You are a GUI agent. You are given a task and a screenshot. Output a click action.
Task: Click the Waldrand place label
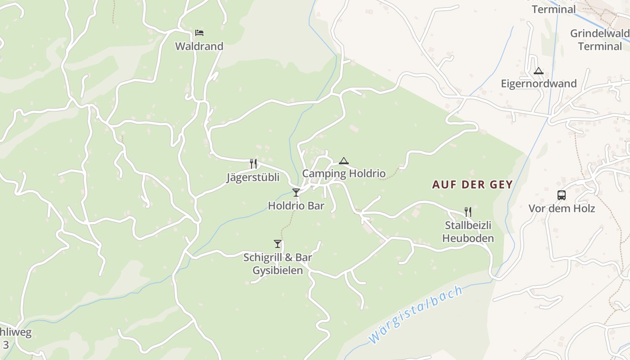[199, 46]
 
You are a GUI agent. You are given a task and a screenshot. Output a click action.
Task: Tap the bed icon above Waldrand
[199, 32]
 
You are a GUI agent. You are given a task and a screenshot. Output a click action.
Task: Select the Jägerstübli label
[252, 177]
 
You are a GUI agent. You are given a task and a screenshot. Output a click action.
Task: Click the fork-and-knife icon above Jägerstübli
[253, 163]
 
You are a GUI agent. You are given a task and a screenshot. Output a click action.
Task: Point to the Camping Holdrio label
[344, 173]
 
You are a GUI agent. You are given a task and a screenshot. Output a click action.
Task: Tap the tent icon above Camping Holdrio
[344, 161]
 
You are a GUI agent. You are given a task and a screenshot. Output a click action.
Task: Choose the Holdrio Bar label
[296, 206]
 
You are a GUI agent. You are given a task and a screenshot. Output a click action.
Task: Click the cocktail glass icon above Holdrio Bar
[296, 193]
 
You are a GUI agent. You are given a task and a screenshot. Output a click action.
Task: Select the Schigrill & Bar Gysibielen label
[278, 264]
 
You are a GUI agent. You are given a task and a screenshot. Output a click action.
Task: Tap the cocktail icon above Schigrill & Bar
[278, 244]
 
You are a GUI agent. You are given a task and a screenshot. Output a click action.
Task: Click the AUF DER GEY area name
[472, 184]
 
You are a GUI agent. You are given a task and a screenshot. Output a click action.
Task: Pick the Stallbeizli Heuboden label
[468, 232]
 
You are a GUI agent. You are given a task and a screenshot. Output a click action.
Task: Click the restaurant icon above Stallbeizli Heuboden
[468, 211]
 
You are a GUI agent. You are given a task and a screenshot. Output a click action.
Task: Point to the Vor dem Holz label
[562, 208]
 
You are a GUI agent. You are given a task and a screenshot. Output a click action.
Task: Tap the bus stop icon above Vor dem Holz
[562, 195]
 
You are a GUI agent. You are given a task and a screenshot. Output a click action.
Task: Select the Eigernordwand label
[539, 84]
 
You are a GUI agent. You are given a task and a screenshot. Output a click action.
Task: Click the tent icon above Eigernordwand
[539, 71]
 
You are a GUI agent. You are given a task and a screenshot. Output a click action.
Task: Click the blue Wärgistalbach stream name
[416, 315]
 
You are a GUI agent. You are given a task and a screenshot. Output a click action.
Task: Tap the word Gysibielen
[278, 271]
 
